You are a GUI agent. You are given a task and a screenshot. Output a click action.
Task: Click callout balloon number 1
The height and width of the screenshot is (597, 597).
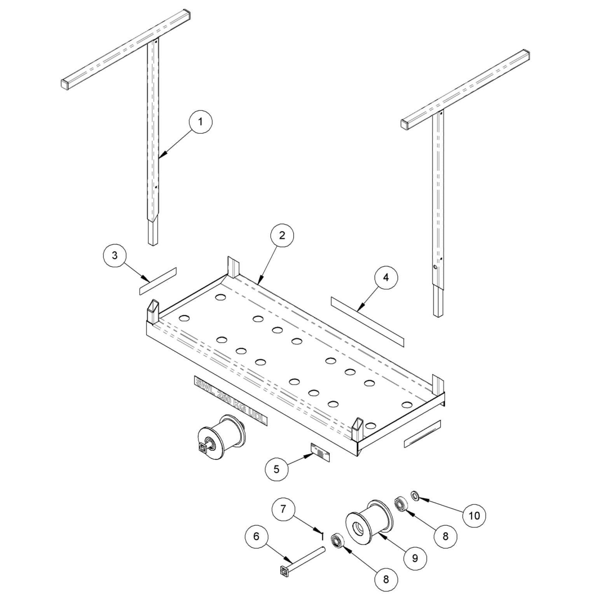click(201, 122)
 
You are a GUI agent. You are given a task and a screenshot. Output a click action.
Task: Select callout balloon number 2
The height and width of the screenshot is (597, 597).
click(282, 236)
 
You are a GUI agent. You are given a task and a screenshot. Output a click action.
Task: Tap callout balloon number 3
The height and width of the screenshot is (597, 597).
click(115, 256)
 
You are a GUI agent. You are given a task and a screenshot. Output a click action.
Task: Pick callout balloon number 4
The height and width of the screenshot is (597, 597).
click(386, 278)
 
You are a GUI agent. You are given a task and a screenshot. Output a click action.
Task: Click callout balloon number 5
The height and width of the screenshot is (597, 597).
click(276, 469)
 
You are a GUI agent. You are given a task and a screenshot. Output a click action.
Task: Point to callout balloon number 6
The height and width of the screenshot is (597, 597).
click(256, 536)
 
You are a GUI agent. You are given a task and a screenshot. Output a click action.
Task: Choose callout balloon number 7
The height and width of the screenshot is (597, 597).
click(283, 508)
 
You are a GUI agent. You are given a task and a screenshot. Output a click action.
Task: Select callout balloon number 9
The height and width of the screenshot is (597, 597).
click(415, 558)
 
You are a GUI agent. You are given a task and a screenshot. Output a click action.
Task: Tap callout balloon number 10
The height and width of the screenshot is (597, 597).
click(474, 516)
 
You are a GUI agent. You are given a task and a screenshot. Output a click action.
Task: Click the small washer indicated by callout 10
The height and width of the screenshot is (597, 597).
click(415, 496)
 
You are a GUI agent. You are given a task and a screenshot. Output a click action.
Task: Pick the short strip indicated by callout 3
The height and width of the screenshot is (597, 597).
click(157, 281)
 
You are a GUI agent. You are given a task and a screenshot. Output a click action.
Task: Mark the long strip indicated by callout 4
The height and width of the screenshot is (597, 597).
click(367, 321)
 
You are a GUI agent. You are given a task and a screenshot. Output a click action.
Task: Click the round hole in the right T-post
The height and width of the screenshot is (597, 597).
click(436, 267)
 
